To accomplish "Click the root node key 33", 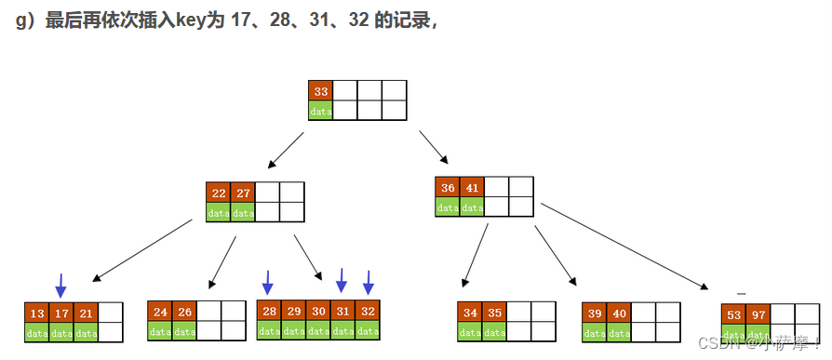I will click(321, 91).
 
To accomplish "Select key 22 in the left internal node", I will click(219, 193).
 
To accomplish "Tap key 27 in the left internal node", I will click(243, 193).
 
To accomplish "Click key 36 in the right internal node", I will click(448, 188).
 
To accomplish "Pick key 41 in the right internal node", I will click(472, 188).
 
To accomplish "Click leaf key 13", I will click(37, 313).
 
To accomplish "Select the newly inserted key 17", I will click(61, 313).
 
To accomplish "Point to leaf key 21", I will click(86, 313).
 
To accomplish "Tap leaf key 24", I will click(160, 313).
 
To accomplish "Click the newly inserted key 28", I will click(270, 312).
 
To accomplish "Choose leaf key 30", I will click(318, 312).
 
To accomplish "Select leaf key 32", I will click(368, 312).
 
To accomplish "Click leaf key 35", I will click(494, 313).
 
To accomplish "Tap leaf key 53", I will click(734, 315).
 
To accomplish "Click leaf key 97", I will click(758, 315).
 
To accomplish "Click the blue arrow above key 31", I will click(342, 280).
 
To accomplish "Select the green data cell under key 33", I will click(321, 111).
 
